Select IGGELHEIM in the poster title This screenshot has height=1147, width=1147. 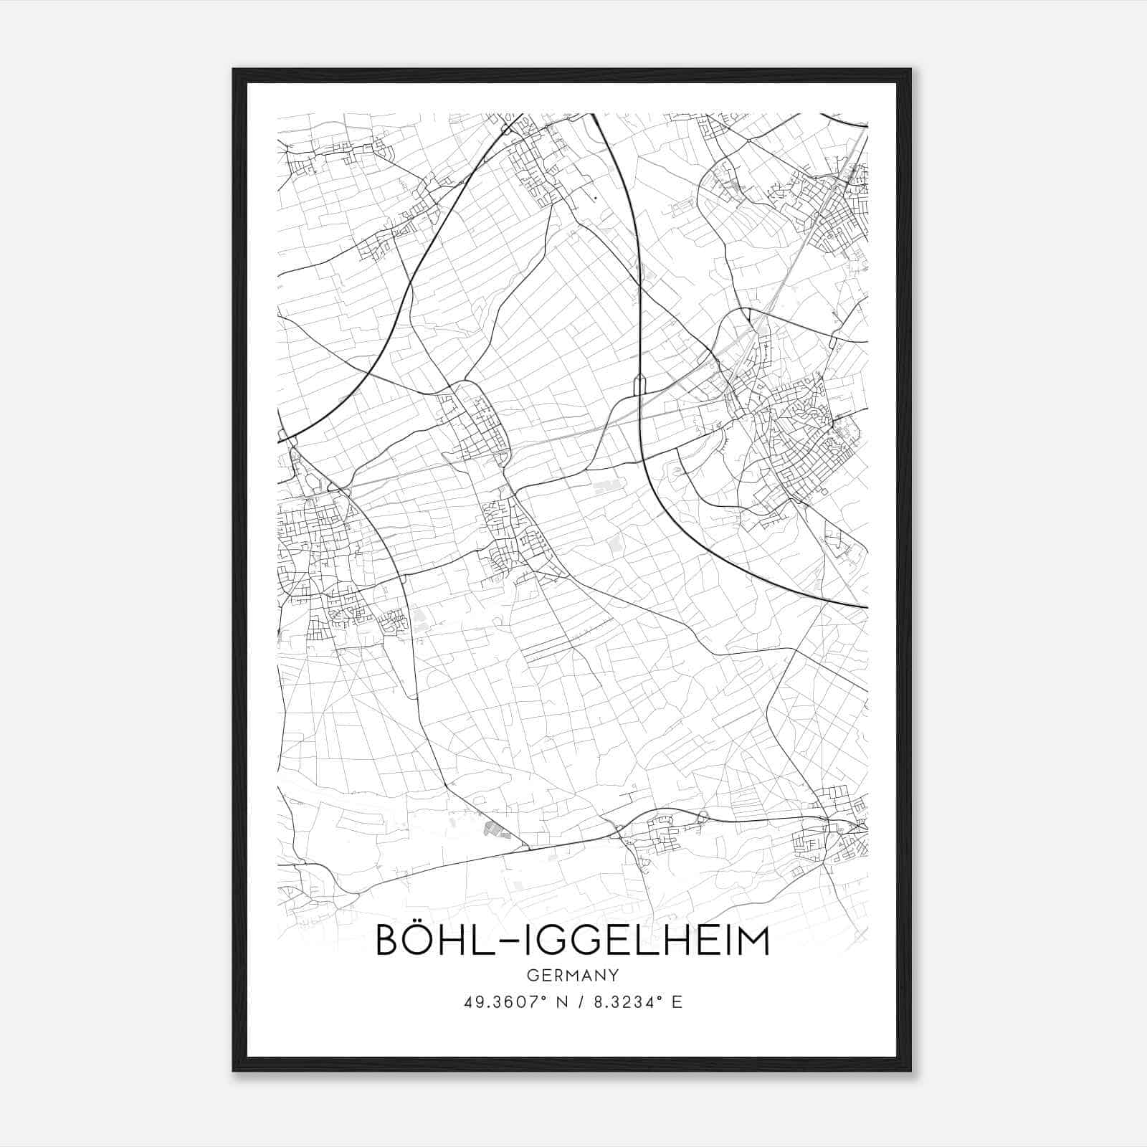638,941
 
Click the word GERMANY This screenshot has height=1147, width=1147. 573,975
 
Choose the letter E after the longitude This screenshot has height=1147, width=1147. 677,1001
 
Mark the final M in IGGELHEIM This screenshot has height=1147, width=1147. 753,941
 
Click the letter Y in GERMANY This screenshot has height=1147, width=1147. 613,975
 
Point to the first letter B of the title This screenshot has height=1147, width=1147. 388,941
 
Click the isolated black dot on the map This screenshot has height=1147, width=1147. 595,197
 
